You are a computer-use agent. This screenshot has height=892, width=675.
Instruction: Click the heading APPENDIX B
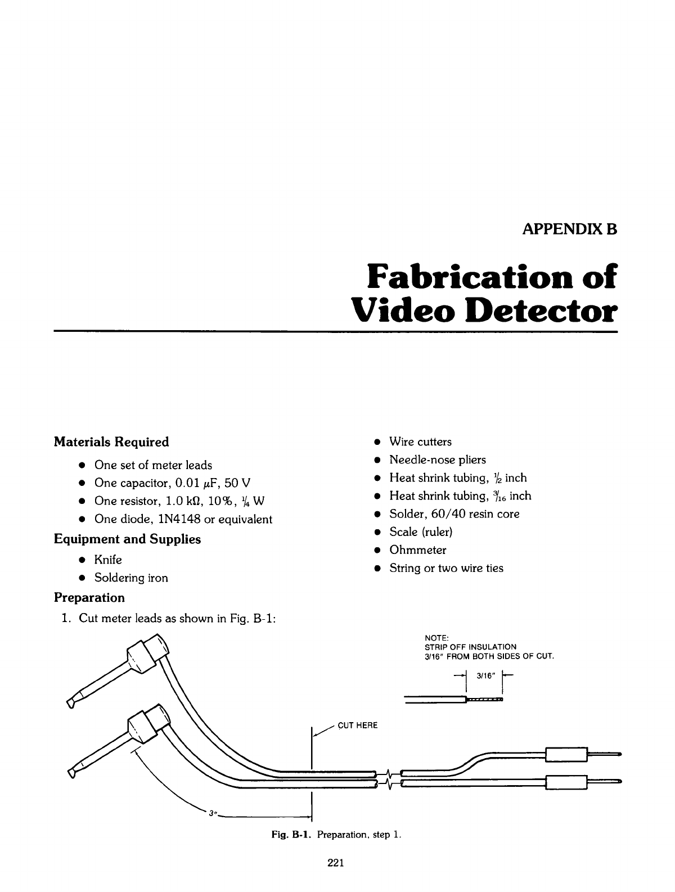coord(570,229)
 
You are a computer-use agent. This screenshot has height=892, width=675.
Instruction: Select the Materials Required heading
coord(111,442)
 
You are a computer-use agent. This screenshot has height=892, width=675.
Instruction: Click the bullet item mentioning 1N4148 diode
coord(183,519)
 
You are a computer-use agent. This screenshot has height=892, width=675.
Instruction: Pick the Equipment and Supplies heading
coord(127,539)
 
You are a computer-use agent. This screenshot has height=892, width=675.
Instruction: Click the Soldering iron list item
coord(131,578)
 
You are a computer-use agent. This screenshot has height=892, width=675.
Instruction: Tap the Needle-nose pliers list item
coord(438,459)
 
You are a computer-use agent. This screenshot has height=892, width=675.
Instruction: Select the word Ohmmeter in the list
coord(418,549)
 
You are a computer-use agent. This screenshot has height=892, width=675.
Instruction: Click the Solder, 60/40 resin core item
coord(454,513)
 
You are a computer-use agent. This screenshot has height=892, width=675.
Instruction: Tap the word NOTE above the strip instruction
coord(436,637)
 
